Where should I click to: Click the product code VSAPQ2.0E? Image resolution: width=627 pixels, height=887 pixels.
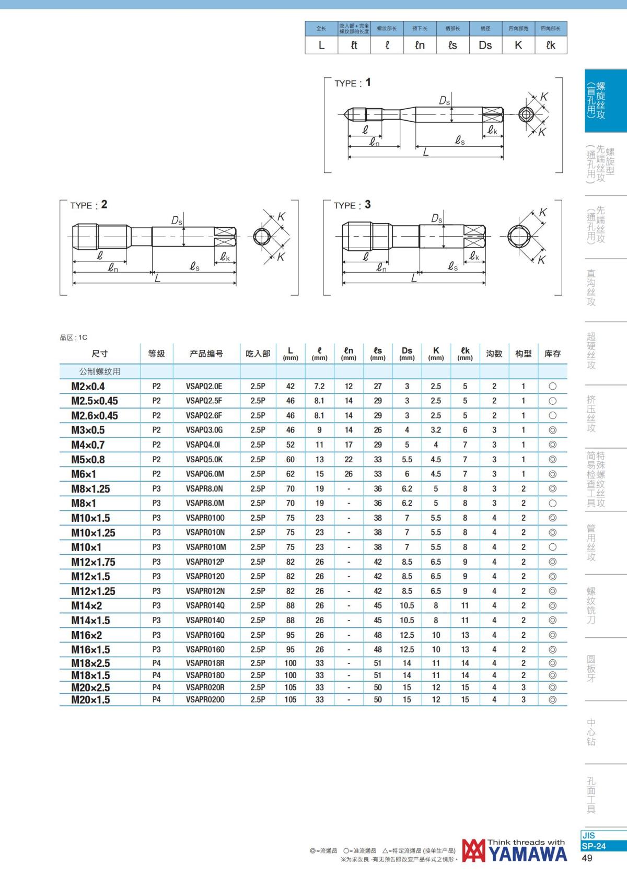click(x=204, y=387)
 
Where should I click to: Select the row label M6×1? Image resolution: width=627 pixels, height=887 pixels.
click(x=84, y=474)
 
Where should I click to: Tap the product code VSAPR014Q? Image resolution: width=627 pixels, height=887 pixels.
click(x=205, y=606)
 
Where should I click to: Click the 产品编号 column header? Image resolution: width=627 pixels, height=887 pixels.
click(x=206, y=354)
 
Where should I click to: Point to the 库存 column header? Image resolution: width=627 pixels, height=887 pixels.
click(x=552, y=354)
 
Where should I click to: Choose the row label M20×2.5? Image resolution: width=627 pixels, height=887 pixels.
click(x=90, y=687)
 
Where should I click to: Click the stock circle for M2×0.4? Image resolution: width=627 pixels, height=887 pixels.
click(x=552, y=387)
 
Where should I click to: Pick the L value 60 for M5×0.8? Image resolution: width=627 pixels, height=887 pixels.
click(x=290, y=460)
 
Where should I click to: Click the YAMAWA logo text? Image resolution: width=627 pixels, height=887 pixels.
click(x=528, y=854)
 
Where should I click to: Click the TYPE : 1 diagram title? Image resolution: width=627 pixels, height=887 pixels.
click(x=353, y=83)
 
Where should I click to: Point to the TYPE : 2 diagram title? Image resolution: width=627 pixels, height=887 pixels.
click(x=89, y=205)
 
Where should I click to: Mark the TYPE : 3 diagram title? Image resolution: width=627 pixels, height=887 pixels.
click(x=352, y=205)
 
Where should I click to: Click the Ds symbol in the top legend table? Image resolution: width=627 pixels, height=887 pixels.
click(x=485, y=45)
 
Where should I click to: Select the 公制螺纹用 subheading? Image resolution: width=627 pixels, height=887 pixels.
click(x=100, y=371)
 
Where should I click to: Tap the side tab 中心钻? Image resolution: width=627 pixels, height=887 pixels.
click(x=591, y=732)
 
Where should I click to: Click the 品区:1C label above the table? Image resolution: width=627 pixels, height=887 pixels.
click(x=74, y=337)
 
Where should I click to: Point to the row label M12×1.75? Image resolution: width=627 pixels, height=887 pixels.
click(x=93, y=562)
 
